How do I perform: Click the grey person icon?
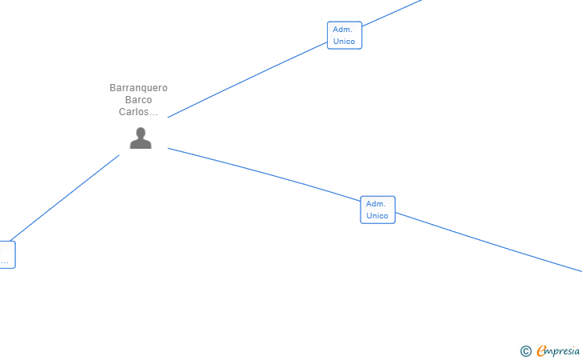141,138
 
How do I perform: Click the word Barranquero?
138,88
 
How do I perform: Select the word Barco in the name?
138,100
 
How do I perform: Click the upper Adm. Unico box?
345,35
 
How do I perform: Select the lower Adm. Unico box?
377,210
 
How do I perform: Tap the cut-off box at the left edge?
6,254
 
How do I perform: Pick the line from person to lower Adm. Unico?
264,173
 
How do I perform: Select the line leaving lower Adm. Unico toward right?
488,242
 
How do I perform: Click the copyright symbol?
525,350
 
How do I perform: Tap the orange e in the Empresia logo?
541,350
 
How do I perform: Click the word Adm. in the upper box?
343,30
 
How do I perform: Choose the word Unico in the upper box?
345,42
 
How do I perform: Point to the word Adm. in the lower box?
376,204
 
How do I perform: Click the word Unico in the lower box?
377,216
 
